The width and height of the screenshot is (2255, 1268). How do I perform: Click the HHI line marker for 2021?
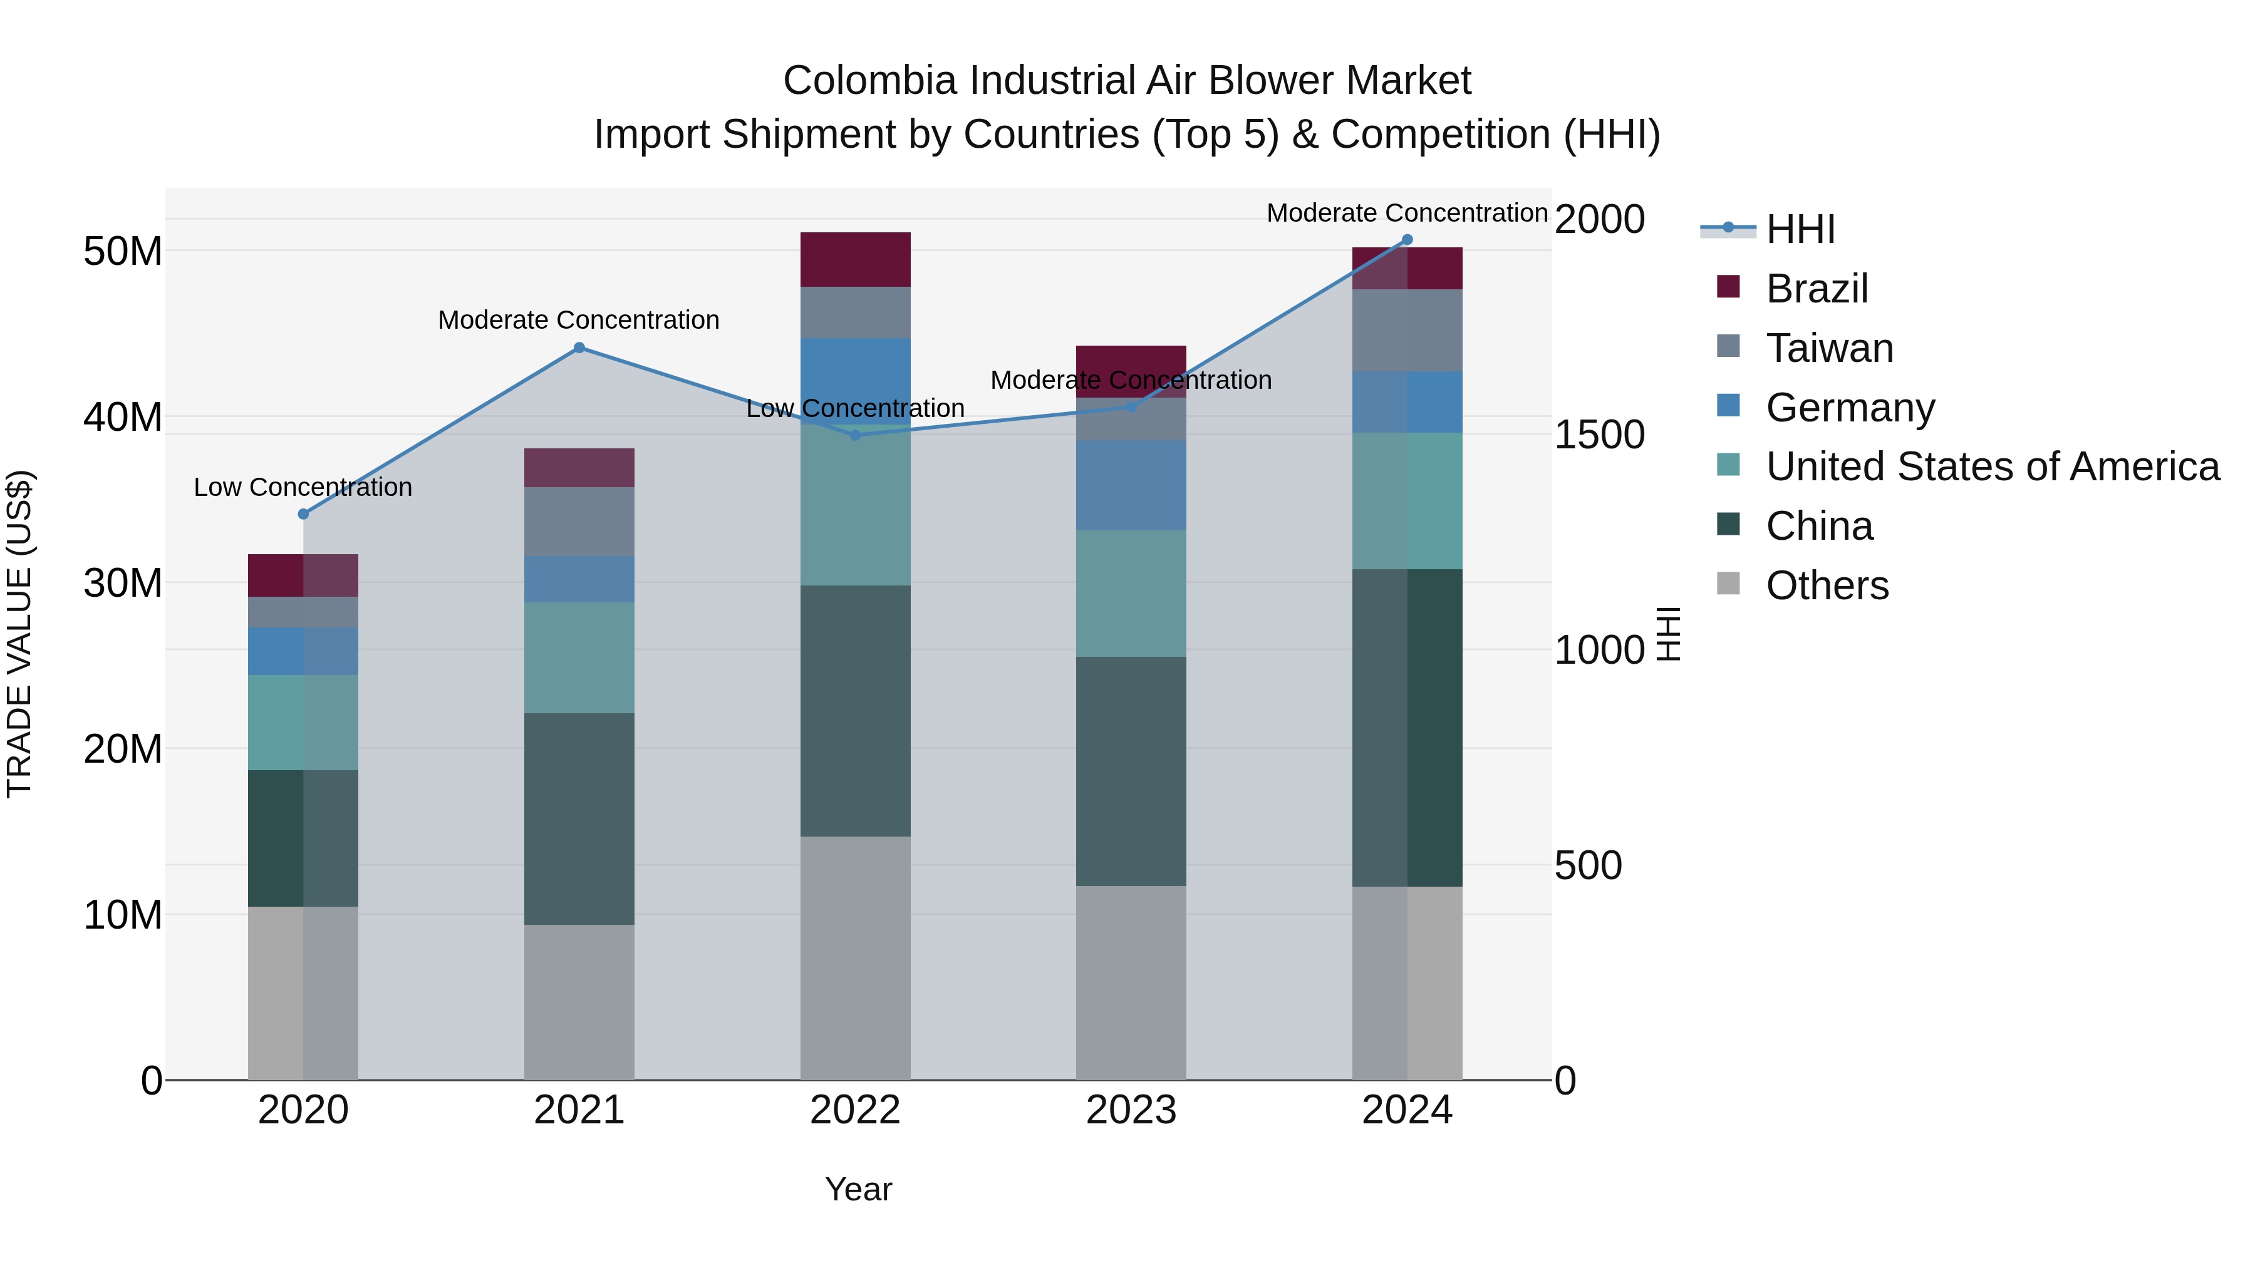pyautogui.click(x=579, y=348)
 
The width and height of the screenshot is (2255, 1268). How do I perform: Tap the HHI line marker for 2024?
pyautogui.click(x=1407, y=240)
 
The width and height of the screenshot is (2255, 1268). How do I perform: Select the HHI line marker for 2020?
pyautogui.click(x=303, y=513)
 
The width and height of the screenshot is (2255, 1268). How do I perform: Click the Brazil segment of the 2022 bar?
pyautogui.click(x=855, y=259)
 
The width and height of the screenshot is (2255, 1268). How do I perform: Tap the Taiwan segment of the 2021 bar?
pyautogui.click(x=579, y=521)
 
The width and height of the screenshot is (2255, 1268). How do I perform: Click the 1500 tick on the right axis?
pyautogui.click(x=1599, y=435)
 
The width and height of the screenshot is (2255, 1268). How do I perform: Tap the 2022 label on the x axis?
pyautogui.click(x=855, y=1110)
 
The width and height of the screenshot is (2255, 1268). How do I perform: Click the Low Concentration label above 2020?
pyautogui.click(x=303, y=487)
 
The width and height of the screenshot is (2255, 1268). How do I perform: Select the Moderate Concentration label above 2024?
pyautogui.click(x=1407, y=213)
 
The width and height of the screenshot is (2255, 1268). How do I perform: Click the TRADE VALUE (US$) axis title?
pyautogui.click(x=19, y=634)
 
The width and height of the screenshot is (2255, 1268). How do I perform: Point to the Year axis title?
pyautogui.click(x=858, y=1189)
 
